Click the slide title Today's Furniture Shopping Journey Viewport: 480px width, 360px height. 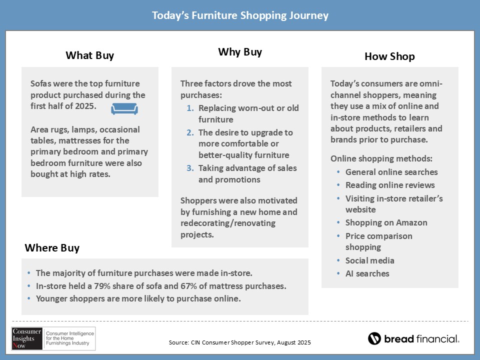point(240,15)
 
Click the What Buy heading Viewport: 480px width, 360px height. point(89,55)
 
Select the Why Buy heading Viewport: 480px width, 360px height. point(240,52)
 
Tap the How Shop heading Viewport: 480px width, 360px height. point(389,56)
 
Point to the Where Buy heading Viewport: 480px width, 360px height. point(52,247)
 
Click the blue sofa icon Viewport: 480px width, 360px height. point(124,108)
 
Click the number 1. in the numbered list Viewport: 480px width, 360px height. point(190,108)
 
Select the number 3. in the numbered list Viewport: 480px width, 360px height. point(190,168)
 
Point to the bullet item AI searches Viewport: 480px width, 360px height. point(367,273)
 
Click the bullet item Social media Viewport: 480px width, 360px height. point(370,260)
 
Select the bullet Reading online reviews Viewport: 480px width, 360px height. point(390,185)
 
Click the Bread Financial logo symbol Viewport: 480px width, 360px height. point(374,338)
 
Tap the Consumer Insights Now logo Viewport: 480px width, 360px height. point(53,338)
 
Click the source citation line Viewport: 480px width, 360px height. point(239,342)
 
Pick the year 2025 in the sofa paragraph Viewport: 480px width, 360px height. point(86,106)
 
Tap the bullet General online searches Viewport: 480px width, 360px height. point(391,172)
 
